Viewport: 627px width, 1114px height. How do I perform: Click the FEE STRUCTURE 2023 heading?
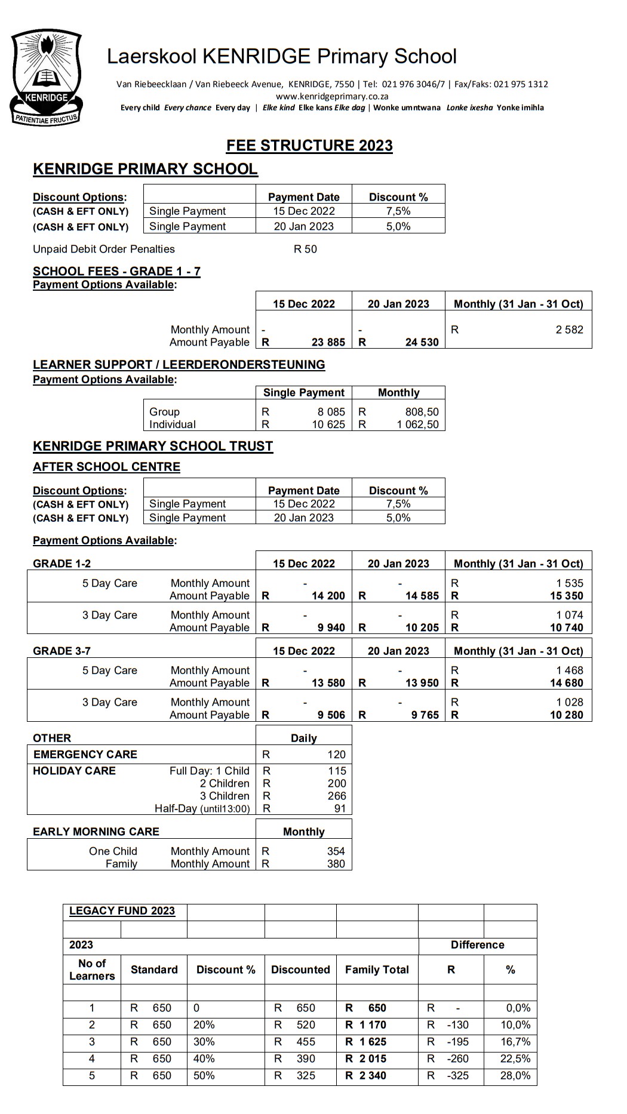(309, 146)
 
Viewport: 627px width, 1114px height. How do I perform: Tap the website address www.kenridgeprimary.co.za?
(332, 96)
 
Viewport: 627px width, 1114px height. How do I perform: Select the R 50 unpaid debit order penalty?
(305, 250)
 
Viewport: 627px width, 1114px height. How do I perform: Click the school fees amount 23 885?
(328, 343)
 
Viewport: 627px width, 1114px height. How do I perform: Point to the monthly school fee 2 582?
(569, 330)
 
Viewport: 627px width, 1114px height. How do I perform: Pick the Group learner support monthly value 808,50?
(417, 412)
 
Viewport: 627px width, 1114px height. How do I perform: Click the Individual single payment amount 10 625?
(328, 424)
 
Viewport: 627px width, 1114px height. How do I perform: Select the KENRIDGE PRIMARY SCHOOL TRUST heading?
(153, 447)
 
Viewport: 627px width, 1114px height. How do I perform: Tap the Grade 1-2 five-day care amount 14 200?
(328, 596)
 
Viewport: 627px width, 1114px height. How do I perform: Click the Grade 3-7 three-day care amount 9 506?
(331, 715)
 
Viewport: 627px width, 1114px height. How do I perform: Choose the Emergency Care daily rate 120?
(336, 755)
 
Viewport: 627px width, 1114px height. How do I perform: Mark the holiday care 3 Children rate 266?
(336, 796)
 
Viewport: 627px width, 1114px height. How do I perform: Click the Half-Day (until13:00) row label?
(202, 809)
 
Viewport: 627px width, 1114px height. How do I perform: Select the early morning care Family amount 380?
(336, 864)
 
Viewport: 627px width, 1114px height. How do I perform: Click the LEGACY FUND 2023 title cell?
(122, 911)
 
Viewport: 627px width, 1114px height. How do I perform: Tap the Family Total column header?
(377, 970)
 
